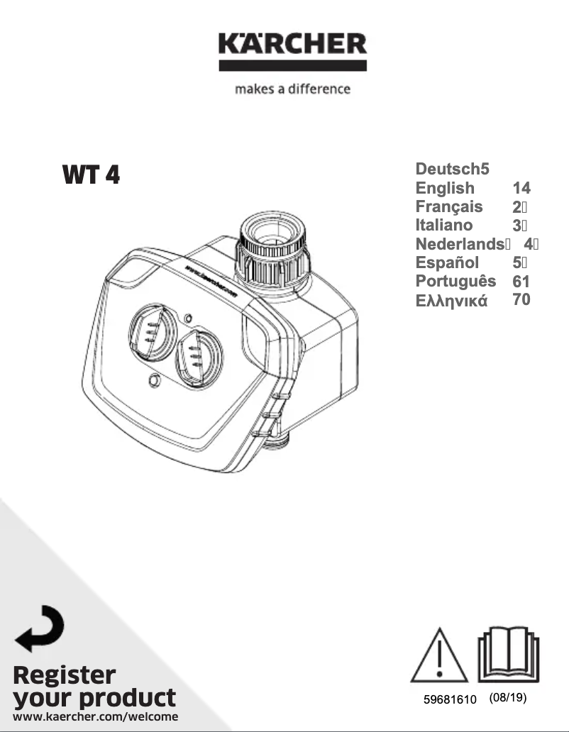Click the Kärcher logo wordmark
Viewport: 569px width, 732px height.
tap(292, 47)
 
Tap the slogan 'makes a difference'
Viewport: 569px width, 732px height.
tap(292, 89)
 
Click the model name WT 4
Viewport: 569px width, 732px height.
tap(91, 174)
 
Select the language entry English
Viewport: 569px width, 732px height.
tap(445, 188)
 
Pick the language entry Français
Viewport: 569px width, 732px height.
tap(449, 206)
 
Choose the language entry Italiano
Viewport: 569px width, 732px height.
tap(444, 225)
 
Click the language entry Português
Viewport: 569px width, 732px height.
tap(455, 281)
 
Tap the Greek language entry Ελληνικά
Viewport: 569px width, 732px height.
tap(451, 300)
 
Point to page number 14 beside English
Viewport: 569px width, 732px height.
tap(521, 188)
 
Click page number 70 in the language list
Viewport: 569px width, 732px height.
tap(521, 299)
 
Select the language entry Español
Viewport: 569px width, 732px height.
tap(447, 262)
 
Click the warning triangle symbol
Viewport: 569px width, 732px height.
tap(440, 655)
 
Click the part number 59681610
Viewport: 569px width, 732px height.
tap(450, 700)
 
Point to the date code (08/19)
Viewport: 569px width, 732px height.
tap(508, 698)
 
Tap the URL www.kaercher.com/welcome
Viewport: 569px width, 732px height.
tap(96, 717)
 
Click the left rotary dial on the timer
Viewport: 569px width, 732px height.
tap(151, 332)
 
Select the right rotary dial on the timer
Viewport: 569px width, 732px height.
tap(198, 356)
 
